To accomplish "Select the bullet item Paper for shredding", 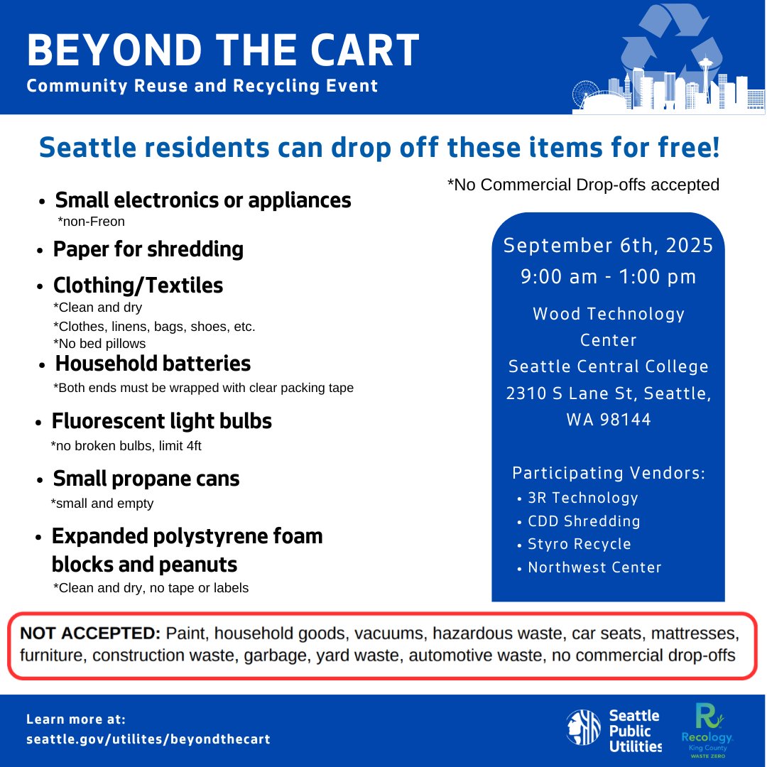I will [x=148, y=249].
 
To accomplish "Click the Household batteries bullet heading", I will [x=153, y=364].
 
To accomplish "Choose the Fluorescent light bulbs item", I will [x=161, y=421].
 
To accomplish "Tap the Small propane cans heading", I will [x=146, y=479].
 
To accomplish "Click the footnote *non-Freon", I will [x=91, y=222].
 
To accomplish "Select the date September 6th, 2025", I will [x=608, y=246].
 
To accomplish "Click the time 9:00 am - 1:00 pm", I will [x=608, y=277].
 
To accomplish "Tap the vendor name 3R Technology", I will [x=582, y=498].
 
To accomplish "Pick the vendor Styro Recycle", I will [x=579, y=544].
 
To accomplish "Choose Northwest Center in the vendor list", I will [x=594, y=567].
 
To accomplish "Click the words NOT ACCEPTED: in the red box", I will [x=91, y=633].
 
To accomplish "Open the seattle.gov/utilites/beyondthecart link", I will [x=148, y=739].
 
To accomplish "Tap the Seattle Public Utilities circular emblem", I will [x=583, y=728].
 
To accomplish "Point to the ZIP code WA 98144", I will [x=608, y=419].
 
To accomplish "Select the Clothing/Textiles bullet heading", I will [x=138, y=285].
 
